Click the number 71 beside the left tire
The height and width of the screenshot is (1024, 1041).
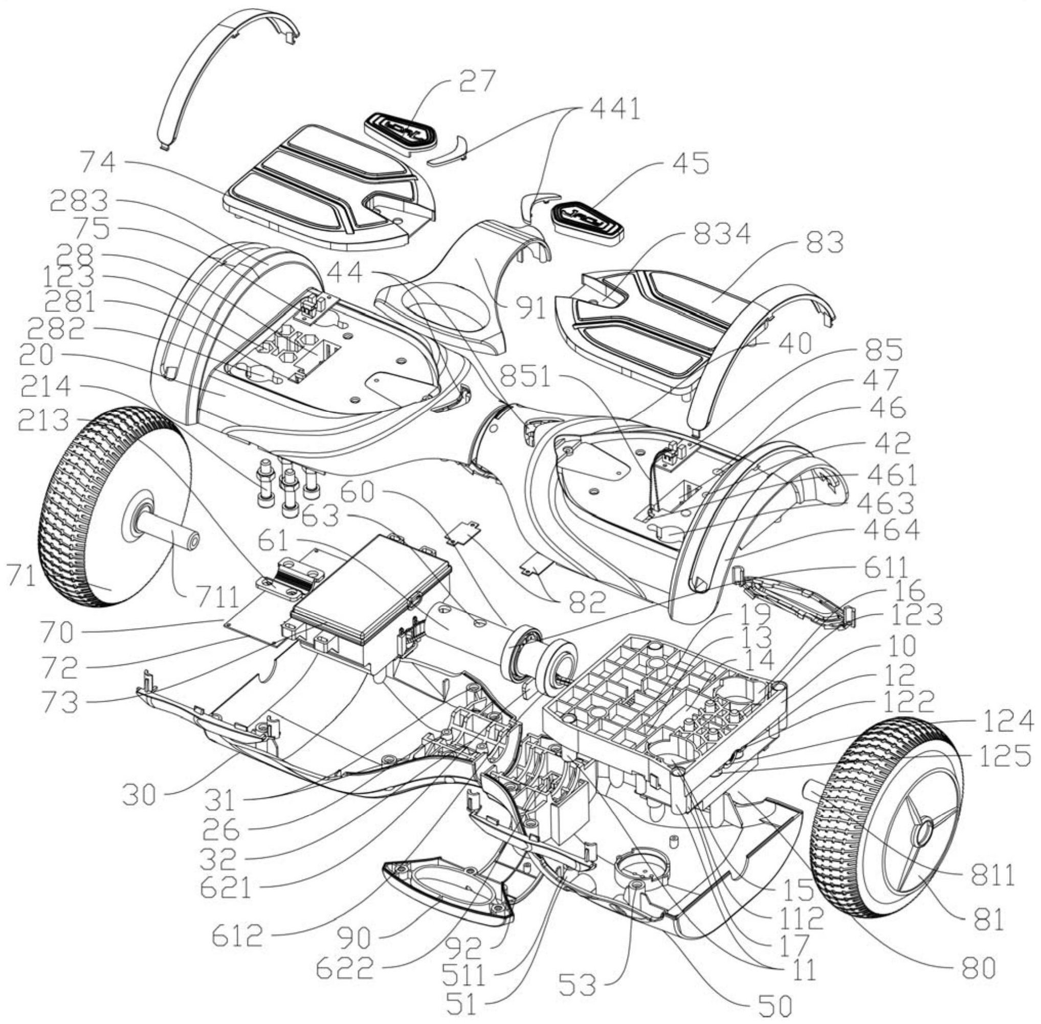(21, 576)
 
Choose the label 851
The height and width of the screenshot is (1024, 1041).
(525, 377)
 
